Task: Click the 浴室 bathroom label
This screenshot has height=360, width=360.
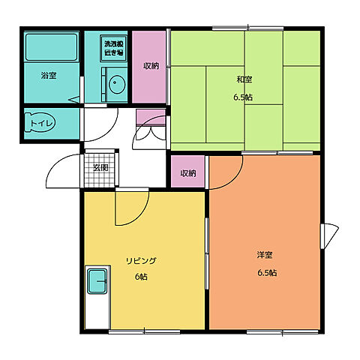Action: (49, 75)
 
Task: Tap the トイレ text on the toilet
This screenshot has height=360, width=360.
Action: (41, 123)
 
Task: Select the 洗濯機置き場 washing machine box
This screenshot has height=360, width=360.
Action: (114, 49)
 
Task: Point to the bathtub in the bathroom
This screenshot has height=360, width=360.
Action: (51, 47)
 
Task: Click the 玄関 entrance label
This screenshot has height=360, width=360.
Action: (100, 168)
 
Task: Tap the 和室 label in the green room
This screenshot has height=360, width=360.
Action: (244, 79)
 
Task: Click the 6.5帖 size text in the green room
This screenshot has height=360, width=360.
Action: (243, 97)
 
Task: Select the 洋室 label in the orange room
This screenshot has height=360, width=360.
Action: (265, 255)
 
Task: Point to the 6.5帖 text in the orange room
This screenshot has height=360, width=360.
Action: (267, 273)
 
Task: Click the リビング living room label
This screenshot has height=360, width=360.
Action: (141, 261)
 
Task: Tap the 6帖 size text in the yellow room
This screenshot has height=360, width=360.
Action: (141, 277)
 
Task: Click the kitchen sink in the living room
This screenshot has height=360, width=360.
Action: (97, 281)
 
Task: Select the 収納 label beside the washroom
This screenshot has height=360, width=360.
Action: (151, 66)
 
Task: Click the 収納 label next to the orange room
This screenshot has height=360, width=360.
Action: (188, 173)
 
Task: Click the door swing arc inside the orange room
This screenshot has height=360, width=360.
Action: (234, 180)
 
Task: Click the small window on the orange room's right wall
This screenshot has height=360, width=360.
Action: (329, 236)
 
